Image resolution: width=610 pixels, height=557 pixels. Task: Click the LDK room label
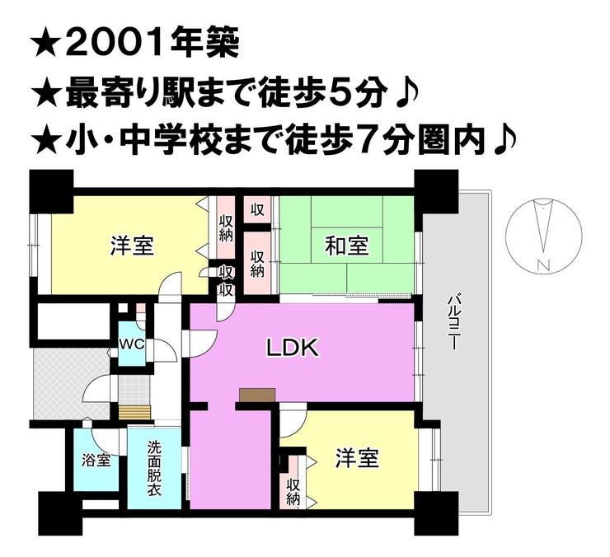click(293, 348)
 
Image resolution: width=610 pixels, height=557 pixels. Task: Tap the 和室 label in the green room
click(346, 246)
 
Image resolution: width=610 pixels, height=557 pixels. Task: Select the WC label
click(132, 344)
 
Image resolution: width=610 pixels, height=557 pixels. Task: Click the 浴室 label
click(96, 461)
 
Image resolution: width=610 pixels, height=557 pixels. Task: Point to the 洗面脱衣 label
click(154, 469)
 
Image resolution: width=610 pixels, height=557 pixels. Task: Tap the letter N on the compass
click(543, 265)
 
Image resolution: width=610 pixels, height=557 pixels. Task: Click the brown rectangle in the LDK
click(257, 395)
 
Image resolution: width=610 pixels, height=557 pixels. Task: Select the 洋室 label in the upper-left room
click(132, 246)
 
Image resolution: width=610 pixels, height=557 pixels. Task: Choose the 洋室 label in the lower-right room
click(357, 458)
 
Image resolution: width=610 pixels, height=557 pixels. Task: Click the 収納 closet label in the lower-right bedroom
click(293, 492)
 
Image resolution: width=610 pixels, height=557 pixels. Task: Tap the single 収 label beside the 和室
click(257, 210)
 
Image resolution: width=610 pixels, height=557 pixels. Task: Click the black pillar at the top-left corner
click(52, 191)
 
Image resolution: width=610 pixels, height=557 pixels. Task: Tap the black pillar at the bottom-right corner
click(436, 513)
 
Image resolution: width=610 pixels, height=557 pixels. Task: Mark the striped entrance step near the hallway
click(134, 412)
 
